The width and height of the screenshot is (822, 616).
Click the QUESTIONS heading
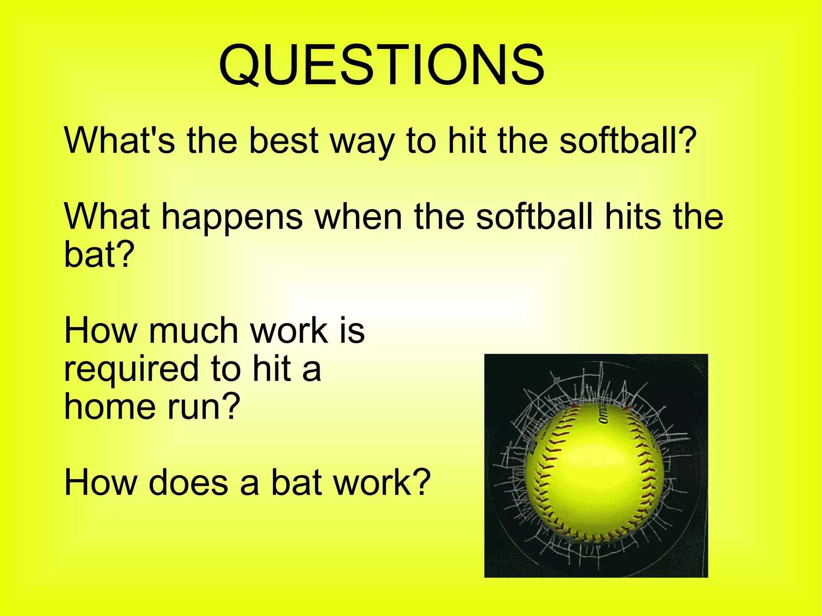381,66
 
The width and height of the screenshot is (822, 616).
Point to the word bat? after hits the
99,254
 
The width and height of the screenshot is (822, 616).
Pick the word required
131,369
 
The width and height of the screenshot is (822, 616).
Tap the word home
109,406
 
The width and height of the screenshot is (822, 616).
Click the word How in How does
100,482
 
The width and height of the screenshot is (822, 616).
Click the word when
358,217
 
